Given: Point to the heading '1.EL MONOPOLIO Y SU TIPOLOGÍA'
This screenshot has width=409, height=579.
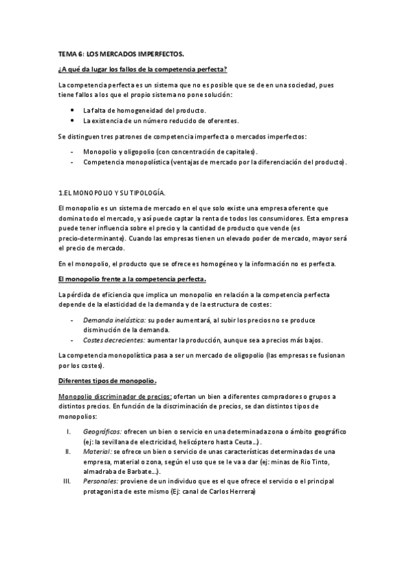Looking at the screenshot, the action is tap(112, 193).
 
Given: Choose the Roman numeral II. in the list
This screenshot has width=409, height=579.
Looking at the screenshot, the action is tap(67, 451).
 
